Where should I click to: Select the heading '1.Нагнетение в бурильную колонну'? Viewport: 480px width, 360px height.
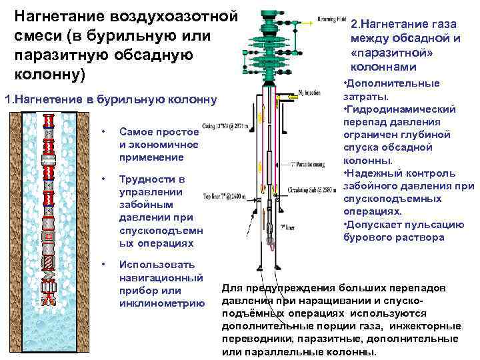click(x=111, y=100)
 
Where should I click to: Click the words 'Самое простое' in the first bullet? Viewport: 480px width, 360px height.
click(x=158, y=132)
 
